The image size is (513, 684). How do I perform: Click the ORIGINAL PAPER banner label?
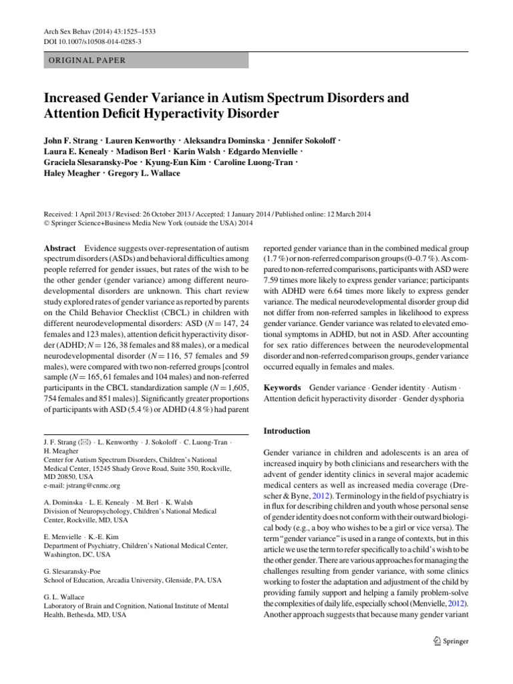tap(84, 59)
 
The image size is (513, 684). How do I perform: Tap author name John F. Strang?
tap(73, 142)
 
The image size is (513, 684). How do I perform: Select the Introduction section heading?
tap(287, 431)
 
